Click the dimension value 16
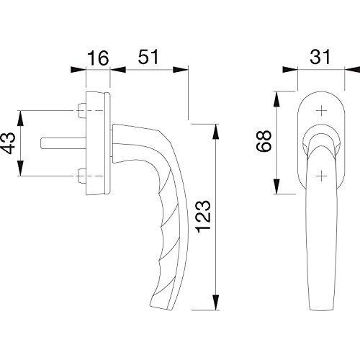tap(98, 58)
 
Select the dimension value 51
tap(148, 57)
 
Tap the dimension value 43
tap(9, 143)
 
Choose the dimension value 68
tap(264, 141)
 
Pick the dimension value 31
tap(320, 57)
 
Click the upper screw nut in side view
tap(82, 111)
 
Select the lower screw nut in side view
tap(82, 176)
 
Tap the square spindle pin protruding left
tap(63, 143)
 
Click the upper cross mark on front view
tap(321, 111)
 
